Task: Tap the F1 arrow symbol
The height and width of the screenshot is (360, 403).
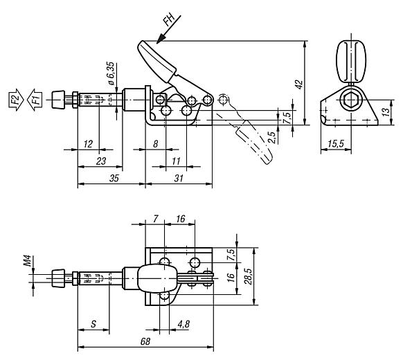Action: tap(35, 101)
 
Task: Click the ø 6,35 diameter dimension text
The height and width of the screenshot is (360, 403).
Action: tap(111, 74)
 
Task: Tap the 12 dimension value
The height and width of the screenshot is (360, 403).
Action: tap(87, 143)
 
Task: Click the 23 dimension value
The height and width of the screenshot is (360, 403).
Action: tap(100, 161)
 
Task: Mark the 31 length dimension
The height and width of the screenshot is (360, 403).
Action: tap(179, 178)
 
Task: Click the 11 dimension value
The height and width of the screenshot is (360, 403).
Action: tap(176, 161)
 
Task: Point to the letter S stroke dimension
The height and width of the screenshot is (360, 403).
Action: tap(93, 324)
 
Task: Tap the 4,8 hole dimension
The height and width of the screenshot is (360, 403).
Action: tap(183, 324)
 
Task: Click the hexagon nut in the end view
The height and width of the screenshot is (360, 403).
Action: tap(352, 101)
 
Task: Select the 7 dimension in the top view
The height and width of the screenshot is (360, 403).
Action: tap(156, 219)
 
